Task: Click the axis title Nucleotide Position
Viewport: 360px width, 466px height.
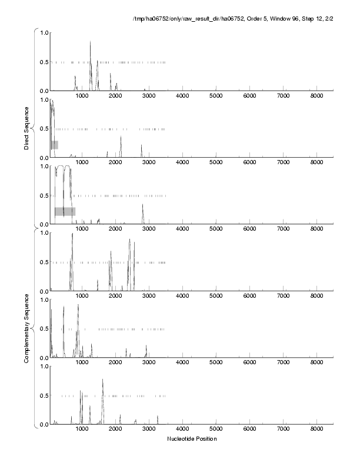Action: tap(192, 439)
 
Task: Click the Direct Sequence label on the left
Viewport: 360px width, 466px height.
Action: tap(27, 127)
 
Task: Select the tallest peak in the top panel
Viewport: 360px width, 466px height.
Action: tap(90, 42)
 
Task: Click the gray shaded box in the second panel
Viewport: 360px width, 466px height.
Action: tap(54, 145)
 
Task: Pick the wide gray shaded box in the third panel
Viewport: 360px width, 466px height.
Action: tap(65, 211)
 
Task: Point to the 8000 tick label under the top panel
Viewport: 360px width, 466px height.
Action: tap(317, 95)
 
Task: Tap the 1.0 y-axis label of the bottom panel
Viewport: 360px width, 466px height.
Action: tap(43, 366)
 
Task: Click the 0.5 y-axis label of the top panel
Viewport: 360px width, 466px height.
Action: tap(43, 62)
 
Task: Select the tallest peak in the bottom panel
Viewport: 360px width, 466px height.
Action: tap(102, 380)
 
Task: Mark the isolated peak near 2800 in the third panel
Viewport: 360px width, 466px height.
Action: tap(143, 205)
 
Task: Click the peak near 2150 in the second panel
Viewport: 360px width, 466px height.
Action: tap(121, 138)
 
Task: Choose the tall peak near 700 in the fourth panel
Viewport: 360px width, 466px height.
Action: tap(72, 235)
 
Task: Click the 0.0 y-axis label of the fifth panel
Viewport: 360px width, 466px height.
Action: tap(43, 358)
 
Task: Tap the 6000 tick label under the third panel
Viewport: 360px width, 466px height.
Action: tap(250, 229)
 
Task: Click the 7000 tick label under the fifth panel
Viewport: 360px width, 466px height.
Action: tap(284, 362)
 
